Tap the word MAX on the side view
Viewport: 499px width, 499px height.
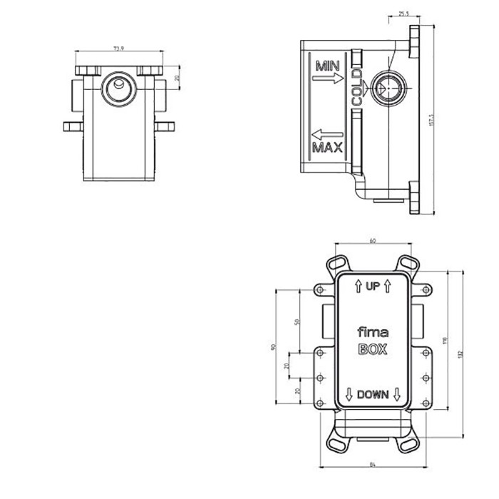[x=327, y=148]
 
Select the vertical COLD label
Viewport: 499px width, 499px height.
[x=356, y=87]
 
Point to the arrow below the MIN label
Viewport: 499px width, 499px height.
[x=327, y=81]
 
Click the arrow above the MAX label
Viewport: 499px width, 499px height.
[x=327, y=133]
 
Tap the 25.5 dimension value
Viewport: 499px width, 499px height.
[x=404, y=14]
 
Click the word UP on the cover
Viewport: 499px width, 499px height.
[x=372, y=287]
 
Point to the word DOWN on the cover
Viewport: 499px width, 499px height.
[x=372, y=394]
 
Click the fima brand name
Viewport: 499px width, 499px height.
[x=371, y=331]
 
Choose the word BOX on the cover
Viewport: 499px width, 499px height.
[x=371, y=349]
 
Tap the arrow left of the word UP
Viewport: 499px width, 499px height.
[x=356, y=287]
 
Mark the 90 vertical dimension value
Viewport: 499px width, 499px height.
[x=273, y=347]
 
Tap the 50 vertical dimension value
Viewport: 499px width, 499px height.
[x=297, y=322]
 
